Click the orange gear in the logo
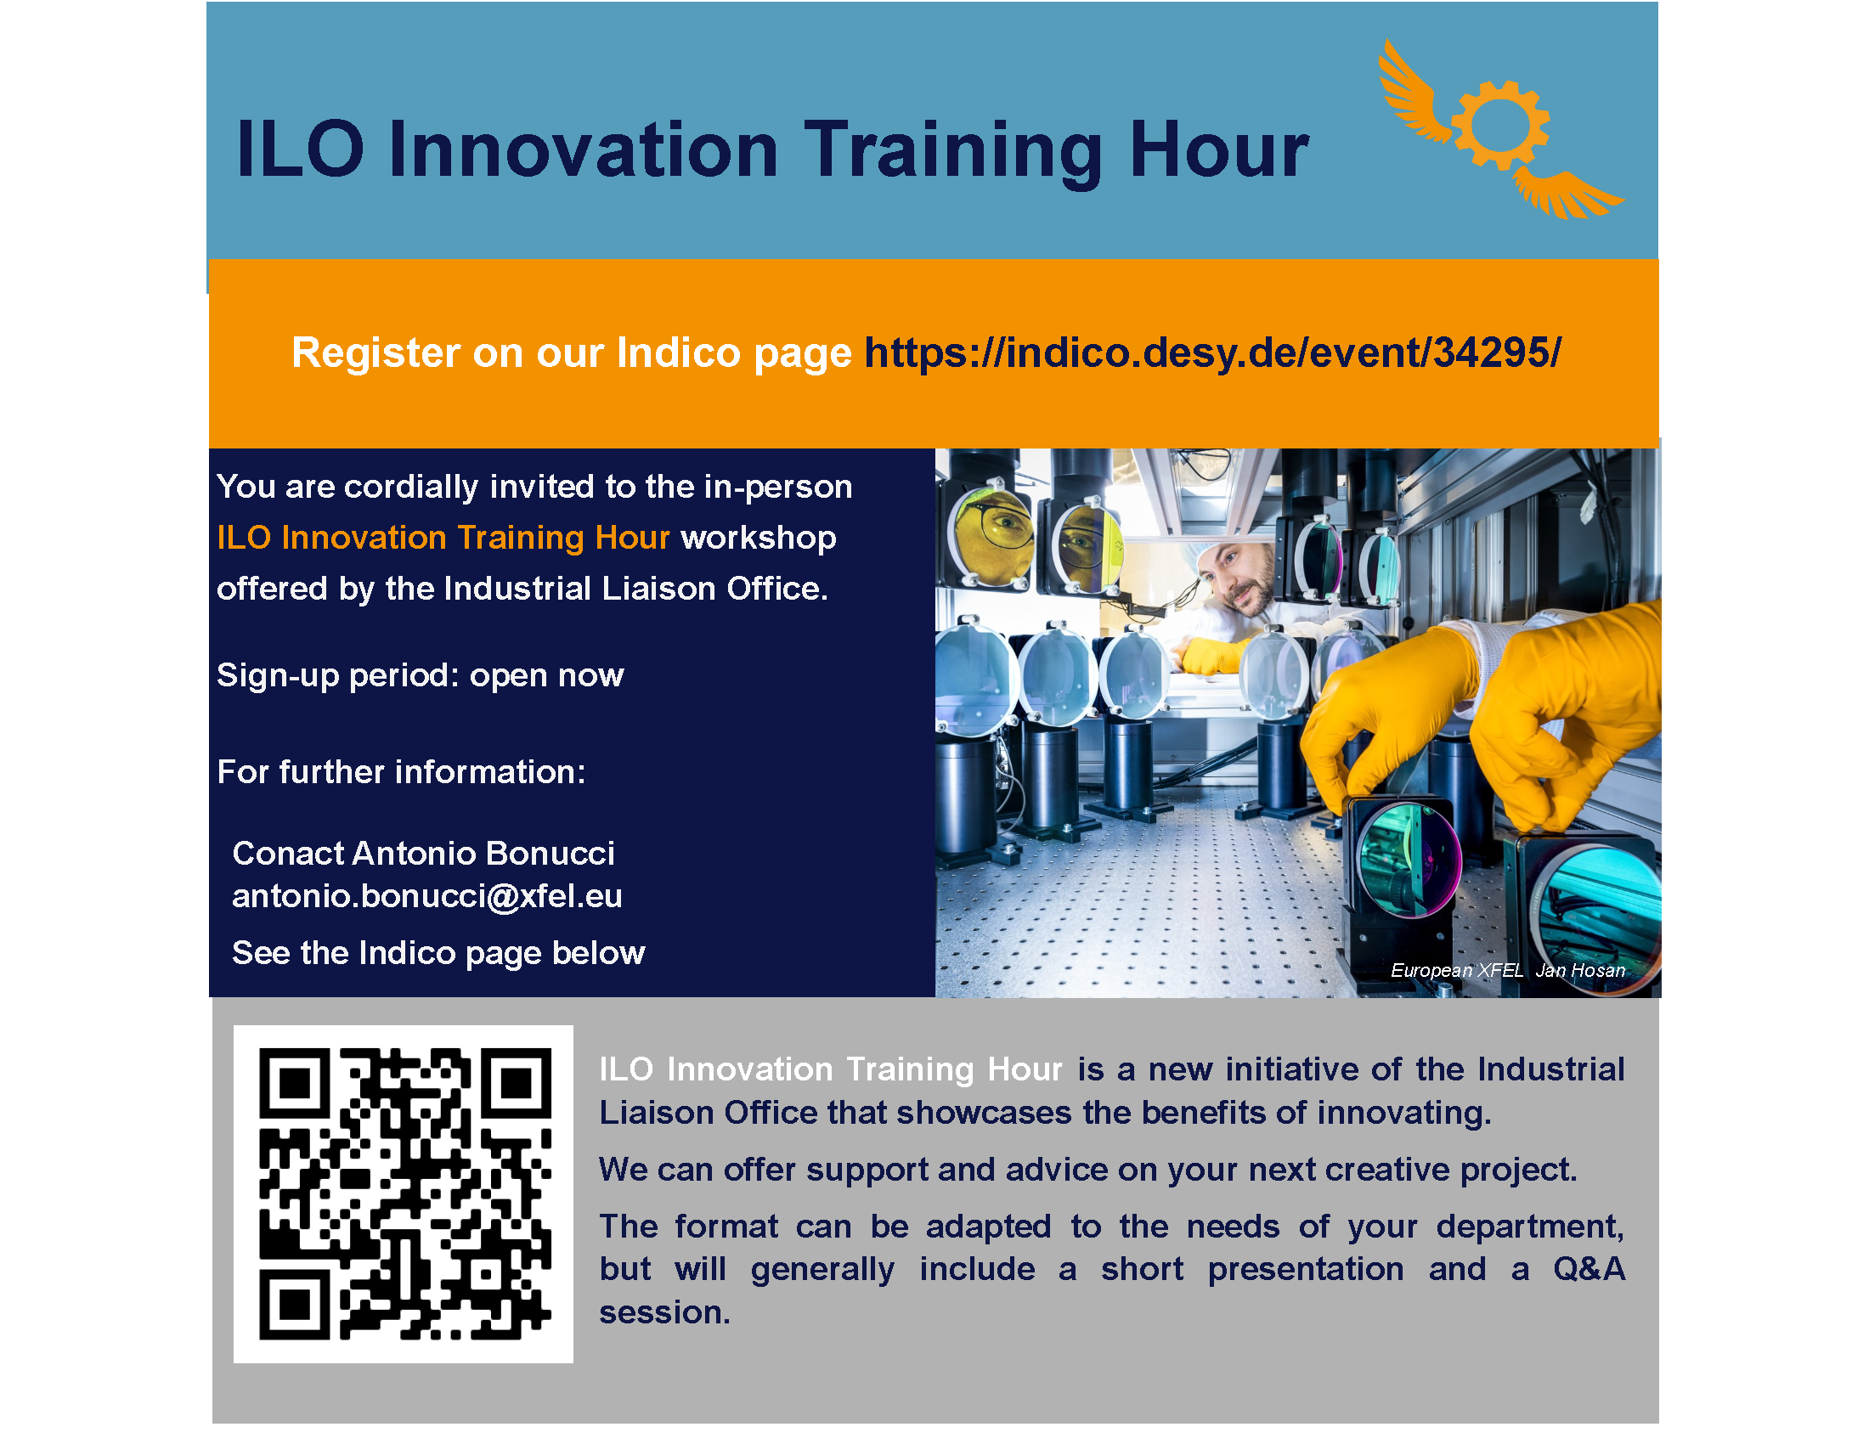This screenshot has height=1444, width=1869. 1499,125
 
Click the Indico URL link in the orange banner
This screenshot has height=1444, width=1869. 1212,353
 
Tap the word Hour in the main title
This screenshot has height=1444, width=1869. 1218,150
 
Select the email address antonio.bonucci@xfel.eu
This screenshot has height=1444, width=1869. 427,896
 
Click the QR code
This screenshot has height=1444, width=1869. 404,1193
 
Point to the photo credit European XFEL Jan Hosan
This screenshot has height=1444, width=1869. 1507,970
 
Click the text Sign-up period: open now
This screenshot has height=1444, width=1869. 421,676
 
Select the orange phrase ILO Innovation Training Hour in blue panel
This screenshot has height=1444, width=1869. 443,537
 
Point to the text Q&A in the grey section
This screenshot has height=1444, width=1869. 1589,1269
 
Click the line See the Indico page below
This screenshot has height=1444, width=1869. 438,953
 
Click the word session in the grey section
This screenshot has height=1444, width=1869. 664,1312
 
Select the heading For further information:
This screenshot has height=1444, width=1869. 401,771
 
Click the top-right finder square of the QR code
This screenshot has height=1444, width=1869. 517,1083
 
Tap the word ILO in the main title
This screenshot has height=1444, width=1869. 300,149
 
